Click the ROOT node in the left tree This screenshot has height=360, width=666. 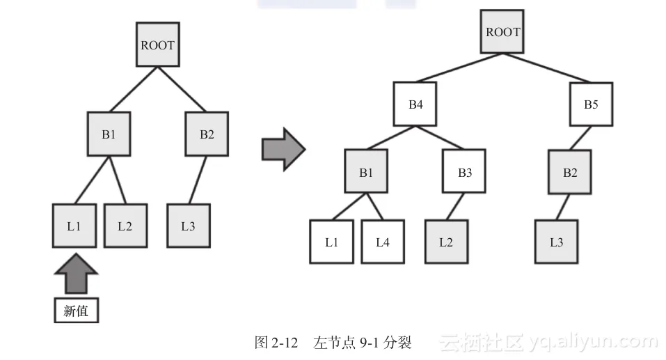pyautogui.click(x=157, y=45)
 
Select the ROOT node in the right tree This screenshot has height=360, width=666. pyautogui.click(x=502, y=32)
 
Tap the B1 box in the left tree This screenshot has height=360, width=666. pyautogui.click(x=109, y=134)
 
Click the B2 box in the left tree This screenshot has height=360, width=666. pyautogui.click(x=207, y=134)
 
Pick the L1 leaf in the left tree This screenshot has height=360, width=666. pyautogui.click(x=74, y=226)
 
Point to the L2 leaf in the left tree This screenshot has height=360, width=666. pyautogui.click(x=125, y=226)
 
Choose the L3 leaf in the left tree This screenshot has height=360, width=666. pyautogui.click(x=188, y=226)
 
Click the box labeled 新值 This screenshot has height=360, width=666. pyautogui.click(x=76, y=311)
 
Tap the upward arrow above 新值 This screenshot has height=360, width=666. pyautogui.click(x=76, y=273)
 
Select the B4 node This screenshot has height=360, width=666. pyautogui.click(x=415, y=105)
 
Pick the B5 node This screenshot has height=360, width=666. pyautogui.click(x=591, y=105)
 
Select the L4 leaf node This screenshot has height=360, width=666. pyautogui.click(x=383, y=242)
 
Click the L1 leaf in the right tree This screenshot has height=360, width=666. pyautogui.click(x=331, y=242)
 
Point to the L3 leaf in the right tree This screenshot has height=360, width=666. pyautogui.click(x=556, y=242)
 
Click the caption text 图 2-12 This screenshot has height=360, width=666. pyautogui.click(x=276, y=343)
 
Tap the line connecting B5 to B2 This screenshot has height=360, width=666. pyautogui.click(x=581, y=138)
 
